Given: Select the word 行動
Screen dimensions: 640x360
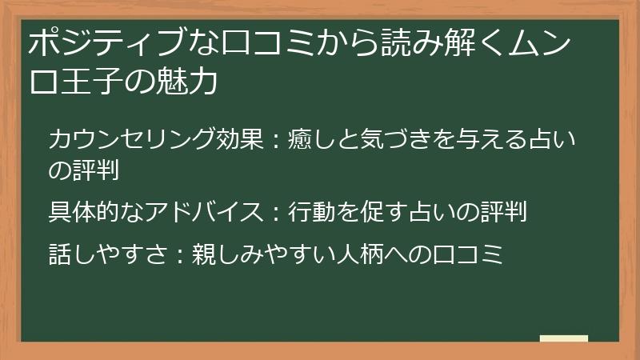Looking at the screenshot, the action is pos(311,211).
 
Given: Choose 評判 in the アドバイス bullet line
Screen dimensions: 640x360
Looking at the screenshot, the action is pos(503,211).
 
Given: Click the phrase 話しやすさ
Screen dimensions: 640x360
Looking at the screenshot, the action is pos(108,254).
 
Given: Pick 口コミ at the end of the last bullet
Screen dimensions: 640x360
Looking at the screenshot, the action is pos(467,254).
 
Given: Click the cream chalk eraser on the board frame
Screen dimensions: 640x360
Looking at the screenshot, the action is pos(564,338).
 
